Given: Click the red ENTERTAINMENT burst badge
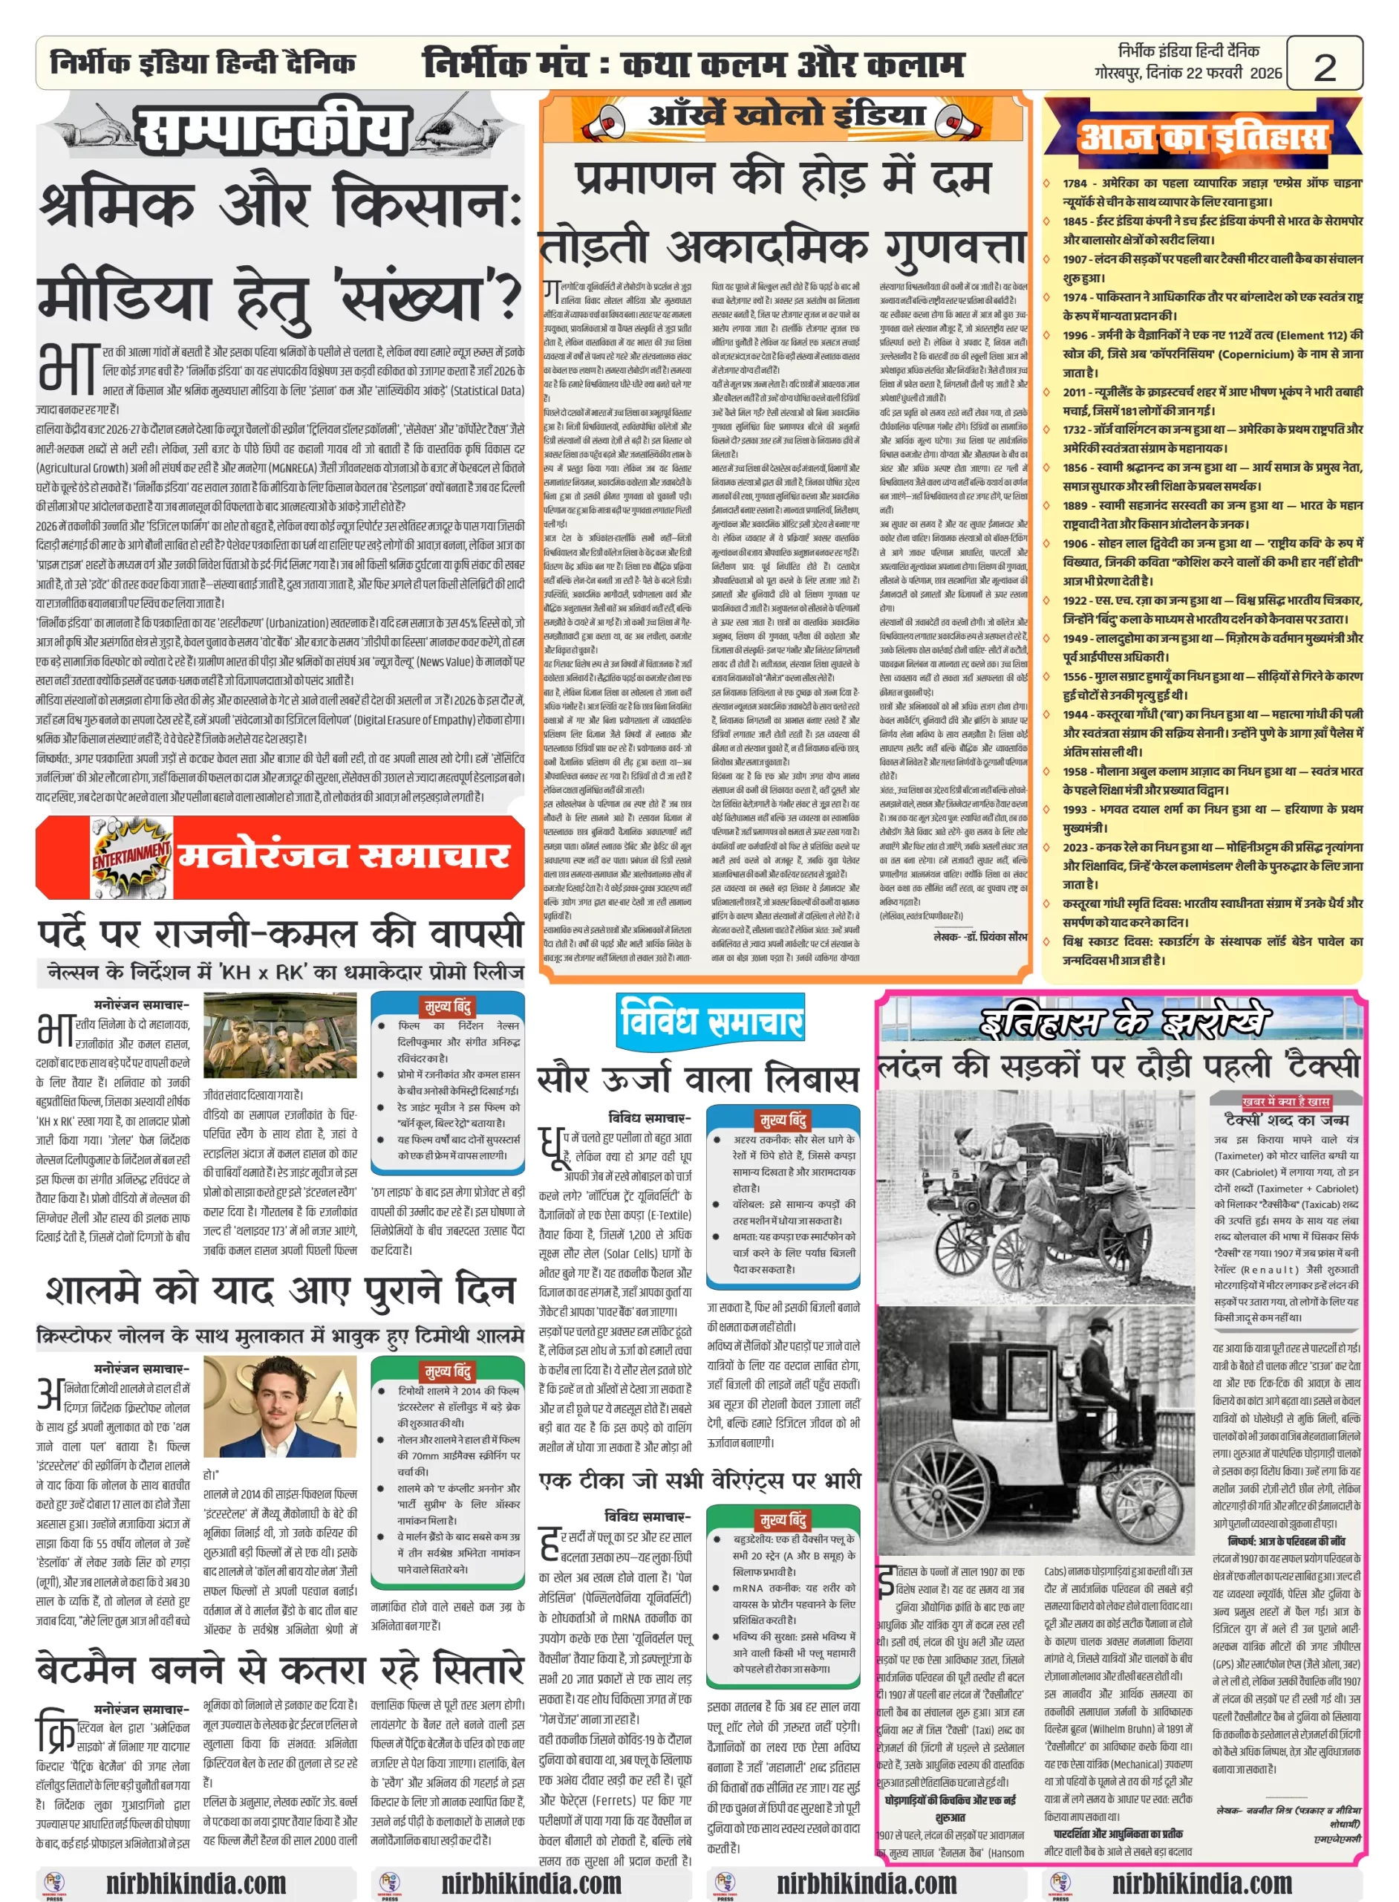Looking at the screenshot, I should (x=131, y=857).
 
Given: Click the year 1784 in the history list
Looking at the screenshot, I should (x=1074, y=183).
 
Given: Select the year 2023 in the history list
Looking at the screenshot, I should (x=1075, y=846).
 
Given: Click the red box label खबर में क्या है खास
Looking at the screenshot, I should (x=1285, y=1101).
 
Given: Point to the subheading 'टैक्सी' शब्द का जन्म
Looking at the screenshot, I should (x=1285, y=1119).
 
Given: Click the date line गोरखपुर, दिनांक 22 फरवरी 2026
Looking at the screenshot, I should (x=1187, y=74).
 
